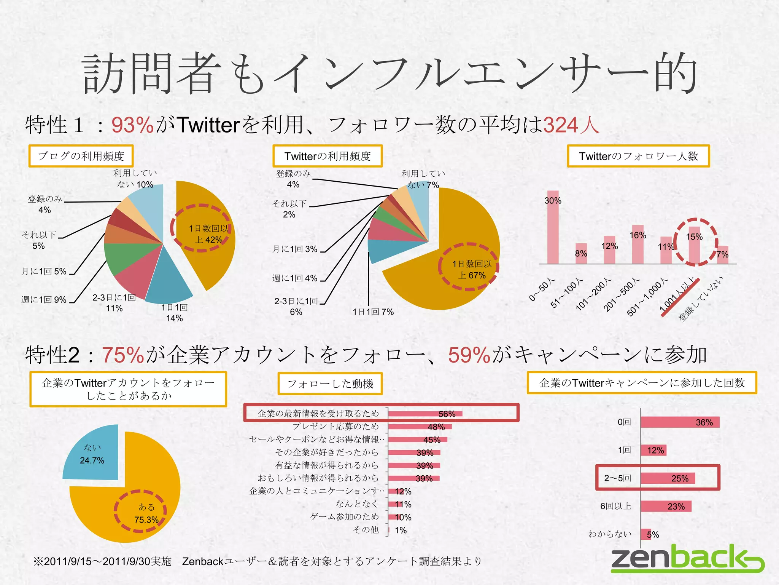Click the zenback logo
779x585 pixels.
[687, 559]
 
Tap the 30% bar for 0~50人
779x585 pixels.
[553, 228]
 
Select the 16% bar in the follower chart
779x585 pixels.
[638, 245]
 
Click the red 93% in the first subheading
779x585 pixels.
[132, 125]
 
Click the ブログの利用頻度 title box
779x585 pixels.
[81, 156]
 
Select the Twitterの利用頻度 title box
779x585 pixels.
[327, 156]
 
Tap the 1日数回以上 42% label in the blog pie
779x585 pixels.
[208, 234]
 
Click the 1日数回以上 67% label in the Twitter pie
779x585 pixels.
[472, 270]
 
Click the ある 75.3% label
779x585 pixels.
[146, 513]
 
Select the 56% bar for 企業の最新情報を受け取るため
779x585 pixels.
[425, 414]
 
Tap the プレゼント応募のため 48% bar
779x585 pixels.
[420, 427]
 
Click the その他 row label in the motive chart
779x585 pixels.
[366, 530]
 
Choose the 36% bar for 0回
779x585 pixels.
[680, 422]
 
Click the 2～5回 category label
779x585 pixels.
[618, 478]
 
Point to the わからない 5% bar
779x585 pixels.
[646, 534]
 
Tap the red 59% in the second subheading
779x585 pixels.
[469, 355]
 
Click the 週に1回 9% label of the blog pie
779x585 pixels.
[44, 300]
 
